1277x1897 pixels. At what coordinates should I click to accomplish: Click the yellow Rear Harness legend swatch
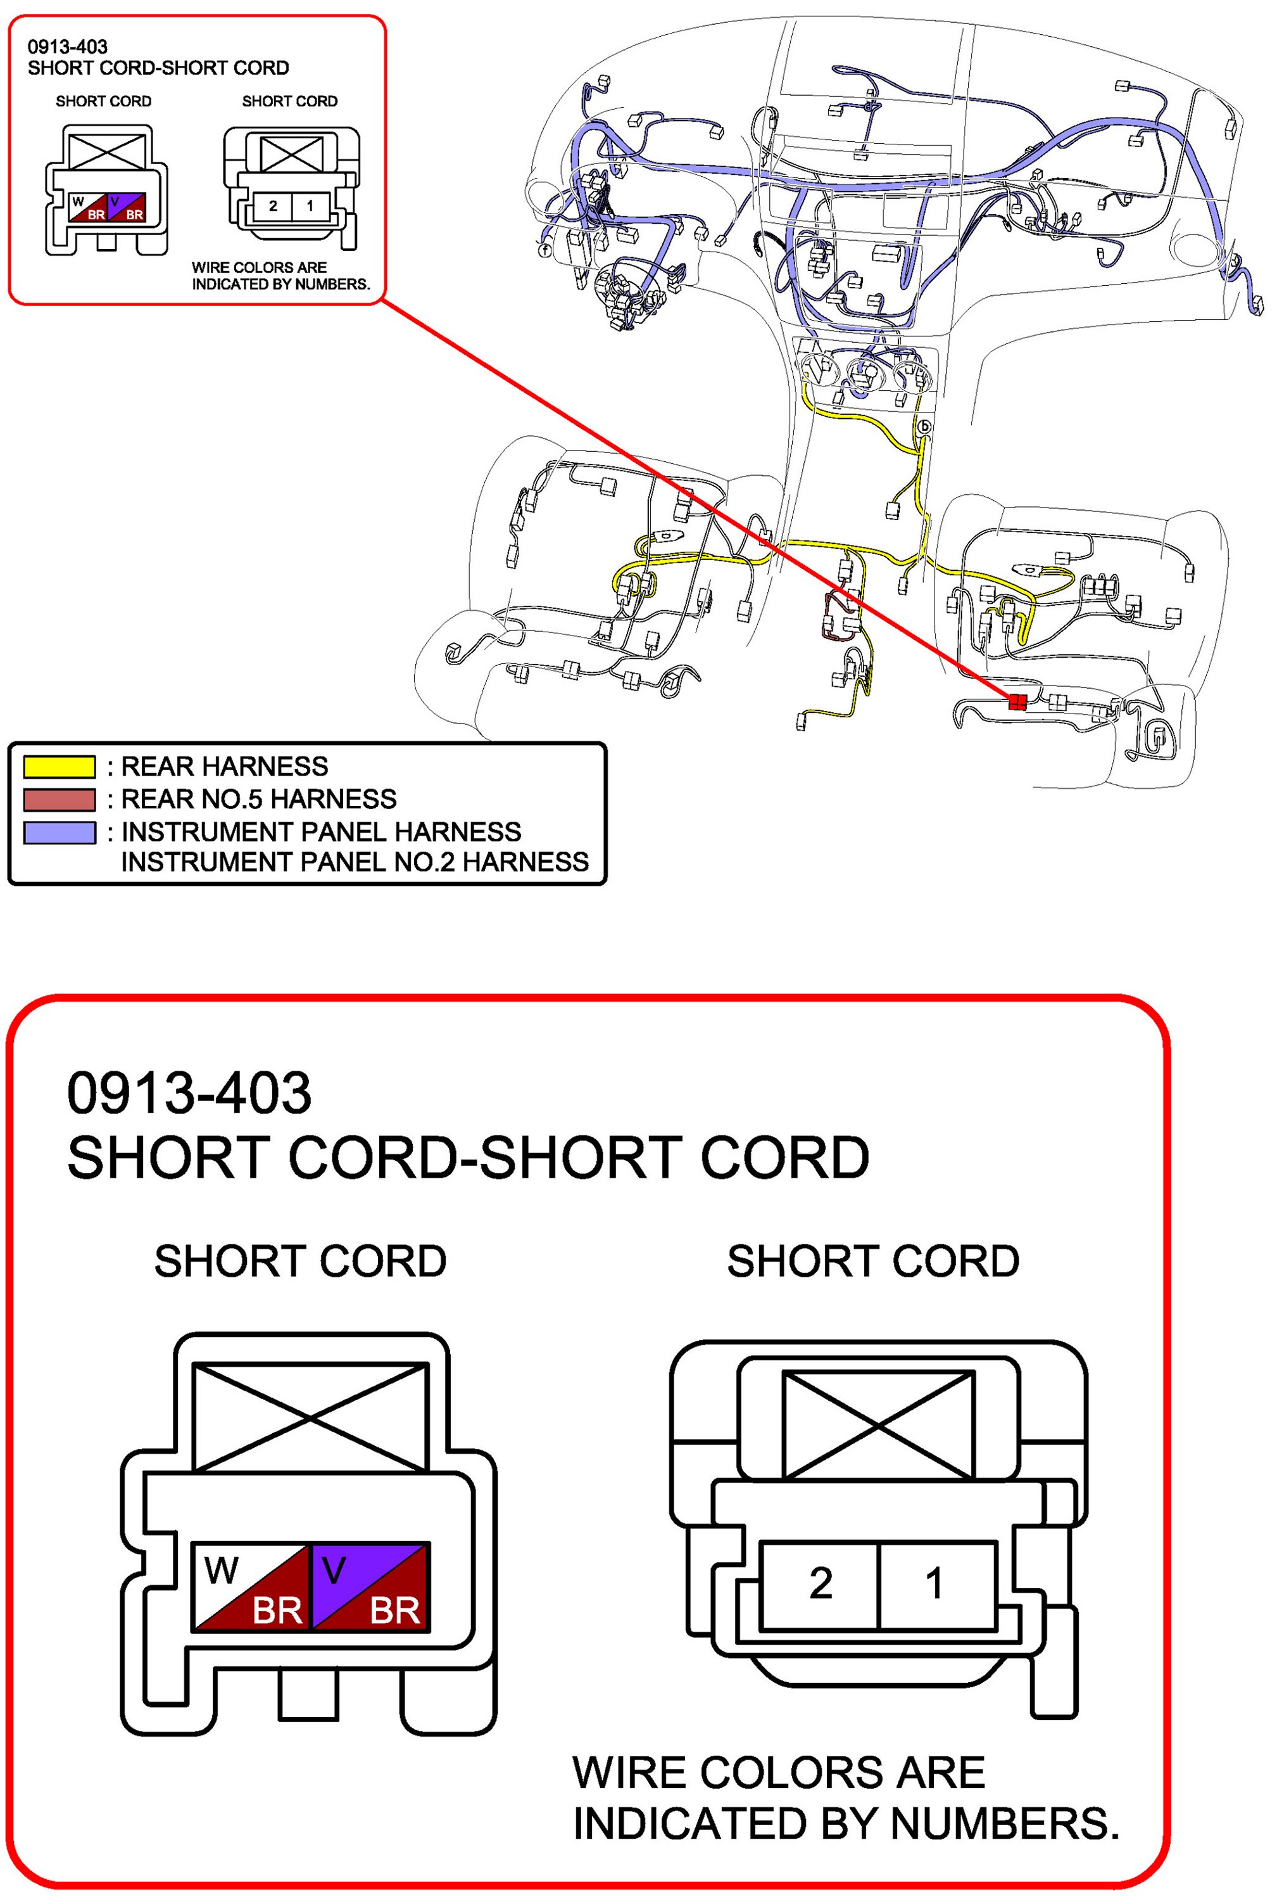tap(60, 766)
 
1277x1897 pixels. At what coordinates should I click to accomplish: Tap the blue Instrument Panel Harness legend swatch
tap(60, 832)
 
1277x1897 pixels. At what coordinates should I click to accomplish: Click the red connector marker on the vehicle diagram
tap(1016, 701)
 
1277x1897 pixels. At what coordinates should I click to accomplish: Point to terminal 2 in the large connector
tap(820, 1583)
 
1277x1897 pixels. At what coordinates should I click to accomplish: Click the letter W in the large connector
tap(222, 1569)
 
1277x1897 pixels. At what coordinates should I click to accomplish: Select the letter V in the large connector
tap(334, 1569)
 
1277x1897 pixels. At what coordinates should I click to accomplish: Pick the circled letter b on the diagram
tap(924, 426)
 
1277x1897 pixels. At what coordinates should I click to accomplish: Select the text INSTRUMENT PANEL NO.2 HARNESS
tap(355, 862)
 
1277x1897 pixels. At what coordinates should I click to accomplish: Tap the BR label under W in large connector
tap(277, 1610)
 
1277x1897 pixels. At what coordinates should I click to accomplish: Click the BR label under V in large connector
tap(394, 1610)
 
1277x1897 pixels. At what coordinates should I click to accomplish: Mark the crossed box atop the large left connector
tap(310, 1417)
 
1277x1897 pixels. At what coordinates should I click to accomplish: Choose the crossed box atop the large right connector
tap(878, 1424)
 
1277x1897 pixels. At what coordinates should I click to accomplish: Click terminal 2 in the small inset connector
tap(273, 206)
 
